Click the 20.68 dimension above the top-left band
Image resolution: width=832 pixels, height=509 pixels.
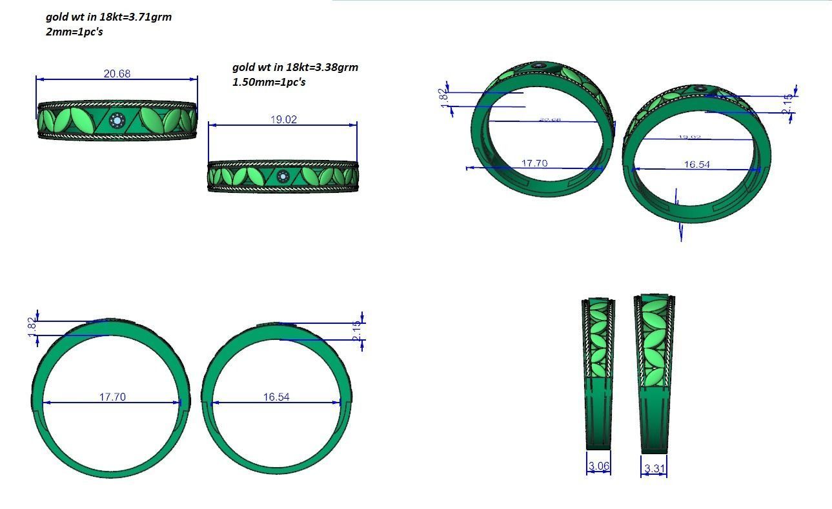117,74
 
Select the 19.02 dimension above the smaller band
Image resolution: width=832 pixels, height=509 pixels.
283,119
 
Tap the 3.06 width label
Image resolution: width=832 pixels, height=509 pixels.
598,466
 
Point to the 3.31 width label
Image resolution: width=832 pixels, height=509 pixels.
654,468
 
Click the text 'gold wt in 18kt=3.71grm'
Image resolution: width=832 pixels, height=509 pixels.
108,17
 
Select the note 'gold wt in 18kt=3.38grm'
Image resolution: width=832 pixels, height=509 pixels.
295,67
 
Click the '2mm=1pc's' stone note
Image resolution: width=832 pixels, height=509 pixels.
74,32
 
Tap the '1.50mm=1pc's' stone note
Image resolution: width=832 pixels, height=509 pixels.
269,82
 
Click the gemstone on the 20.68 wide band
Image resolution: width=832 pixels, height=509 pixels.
117,120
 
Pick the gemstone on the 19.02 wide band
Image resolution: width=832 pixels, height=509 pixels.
282,176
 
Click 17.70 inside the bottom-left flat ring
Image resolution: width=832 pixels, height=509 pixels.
112,397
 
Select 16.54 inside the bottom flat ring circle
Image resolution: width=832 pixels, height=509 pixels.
276,397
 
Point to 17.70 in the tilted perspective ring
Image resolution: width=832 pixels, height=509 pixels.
534,163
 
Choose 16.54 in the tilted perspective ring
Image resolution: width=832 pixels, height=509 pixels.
696,165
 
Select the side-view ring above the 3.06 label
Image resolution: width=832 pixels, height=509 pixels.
598,374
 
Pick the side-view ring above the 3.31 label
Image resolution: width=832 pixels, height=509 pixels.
654,374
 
